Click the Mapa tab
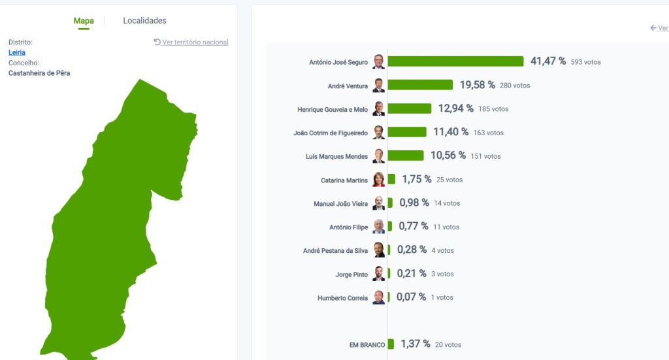click(x=84, y=21)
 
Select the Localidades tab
click(x=144, y=21)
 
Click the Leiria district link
click(x=17, y=52)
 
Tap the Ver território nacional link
click(x=191, y=42)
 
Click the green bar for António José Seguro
click(x=455, y=61)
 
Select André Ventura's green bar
click(x=420, y=85)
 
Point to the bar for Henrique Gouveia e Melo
click(x=410, y=108)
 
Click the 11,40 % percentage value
click(x=451, y=132)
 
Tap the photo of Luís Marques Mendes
click(x=379, y=156)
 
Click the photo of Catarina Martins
click(x=379, y=180)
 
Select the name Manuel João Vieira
click(x=340, y=204)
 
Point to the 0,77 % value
click(x=414, y=227)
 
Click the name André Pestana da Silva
click(x=335, y=251)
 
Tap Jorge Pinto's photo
click(x=379, y=274)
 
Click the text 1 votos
click(x=442, y=298)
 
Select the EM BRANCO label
click(x=367, y=345)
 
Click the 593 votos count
click(x=585, y=62)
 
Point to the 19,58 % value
click(x=477, y=85)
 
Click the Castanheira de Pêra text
click(x=39, y=73)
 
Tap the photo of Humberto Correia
click(x=379, y=297)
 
